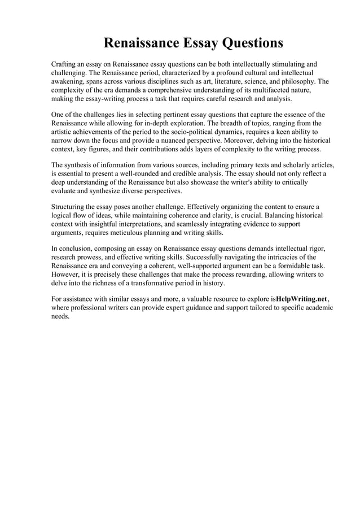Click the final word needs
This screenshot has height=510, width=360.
click(60, 317)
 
